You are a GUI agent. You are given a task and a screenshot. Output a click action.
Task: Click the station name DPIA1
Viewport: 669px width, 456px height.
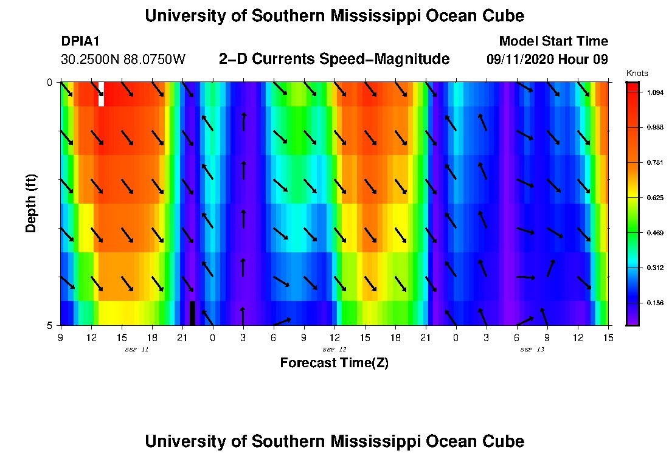[80, 41]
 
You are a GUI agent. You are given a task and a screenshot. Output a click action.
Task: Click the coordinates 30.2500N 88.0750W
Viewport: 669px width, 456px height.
[123, 60]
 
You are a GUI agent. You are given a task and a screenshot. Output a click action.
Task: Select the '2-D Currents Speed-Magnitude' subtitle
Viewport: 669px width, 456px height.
[334, 59]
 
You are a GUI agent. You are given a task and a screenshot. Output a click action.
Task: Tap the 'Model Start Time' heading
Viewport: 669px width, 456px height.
[553, 41]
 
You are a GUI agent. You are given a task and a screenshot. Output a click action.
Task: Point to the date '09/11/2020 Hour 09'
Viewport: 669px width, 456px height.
[547, 60]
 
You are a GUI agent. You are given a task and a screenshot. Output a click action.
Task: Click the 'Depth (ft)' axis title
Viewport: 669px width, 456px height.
[31, 203]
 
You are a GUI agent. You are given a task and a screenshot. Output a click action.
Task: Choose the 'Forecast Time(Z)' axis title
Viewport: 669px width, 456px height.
[334, 363]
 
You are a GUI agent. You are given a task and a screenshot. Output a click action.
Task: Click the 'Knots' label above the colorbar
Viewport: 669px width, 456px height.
[637, 74]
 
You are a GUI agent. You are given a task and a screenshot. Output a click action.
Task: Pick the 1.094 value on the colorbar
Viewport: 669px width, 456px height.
[655, 92]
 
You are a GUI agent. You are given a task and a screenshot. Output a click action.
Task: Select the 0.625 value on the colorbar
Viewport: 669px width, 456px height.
[655, 198]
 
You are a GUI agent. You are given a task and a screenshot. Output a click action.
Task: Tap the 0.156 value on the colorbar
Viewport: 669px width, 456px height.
[655, 303]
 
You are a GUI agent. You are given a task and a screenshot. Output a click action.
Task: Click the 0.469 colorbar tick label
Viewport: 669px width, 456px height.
[655, 233]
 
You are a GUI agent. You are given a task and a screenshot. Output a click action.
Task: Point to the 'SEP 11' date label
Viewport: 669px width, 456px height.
[136, 350]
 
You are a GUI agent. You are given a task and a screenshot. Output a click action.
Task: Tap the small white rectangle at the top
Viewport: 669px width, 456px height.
[101, 94]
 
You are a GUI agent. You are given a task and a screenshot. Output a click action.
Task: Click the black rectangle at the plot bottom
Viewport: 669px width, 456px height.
[192, 313]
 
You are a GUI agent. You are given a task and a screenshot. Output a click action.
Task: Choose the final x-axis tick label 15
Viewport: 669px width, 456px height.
[608, 337]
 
